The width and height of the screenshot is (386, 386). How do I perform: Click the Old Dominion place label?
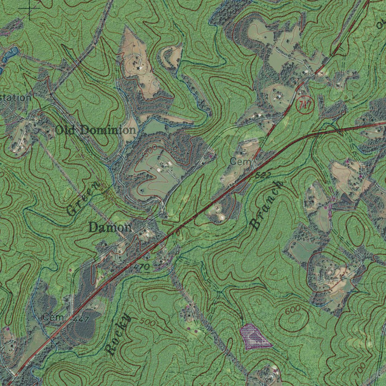coord(95,130)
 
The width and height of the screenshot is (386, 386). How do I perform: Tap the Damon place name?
coord(110,227)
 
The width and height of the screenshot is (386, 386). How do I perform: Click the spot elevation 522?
coord(263,175)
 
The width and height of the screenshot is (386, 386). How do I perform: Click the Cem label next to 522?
coord(238,161)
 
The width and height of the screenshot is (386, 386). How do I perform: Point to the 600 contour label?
coord(293,311)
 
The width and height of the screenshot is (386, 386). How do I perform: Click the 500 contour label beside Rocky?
coord(147,322)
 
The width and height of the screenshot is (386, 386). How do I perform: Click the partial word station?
coord(15,98)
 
